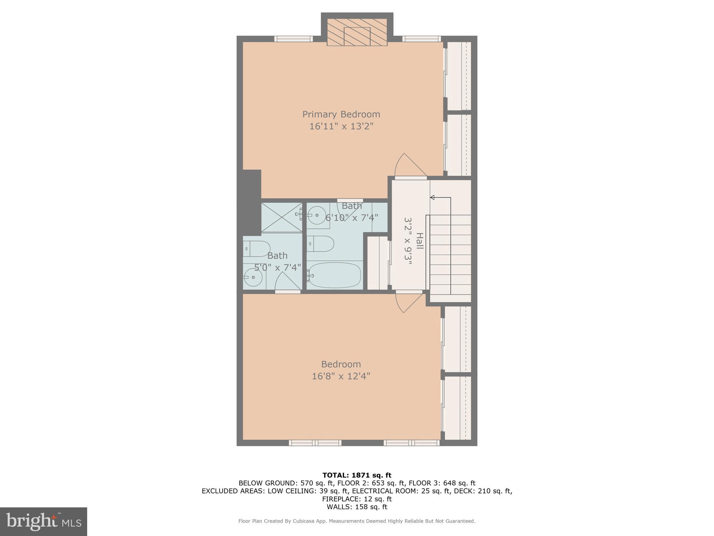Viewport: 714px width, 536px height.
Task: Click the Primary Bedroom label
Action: coord(341,114)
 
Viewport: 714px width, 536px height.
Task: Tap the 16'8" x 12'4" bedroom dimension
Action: coord(341,376)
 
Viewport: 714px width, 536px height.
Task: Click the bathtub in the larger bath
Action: coord(334,275)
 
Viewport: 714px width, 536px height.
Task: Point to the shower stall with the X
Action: coord(282,217)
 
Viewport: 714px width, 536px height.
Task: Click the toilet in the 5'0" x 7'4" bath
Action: coord(257,248)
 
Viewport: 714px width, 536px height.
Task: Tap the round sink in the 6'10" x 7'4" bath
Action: coord(318,215)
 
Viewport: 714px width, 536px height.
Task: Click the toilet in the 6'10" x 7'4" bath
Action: coord(321,244)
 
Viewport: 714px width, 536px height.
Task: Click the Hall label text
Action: coord(419,241)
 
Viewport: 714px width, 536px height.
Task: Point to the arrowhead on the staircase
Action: coord(432,198)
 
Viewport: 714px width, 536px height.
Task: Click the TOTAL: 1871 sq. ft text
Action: coord(357,475)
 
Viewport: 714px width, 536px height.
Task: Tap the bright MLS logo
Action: coord(44,522)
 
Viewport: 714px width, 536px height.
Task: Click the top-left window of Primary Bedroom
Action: coord(293,39)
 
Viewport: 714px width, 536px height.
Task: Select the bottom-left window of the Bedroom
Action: coord(315,443)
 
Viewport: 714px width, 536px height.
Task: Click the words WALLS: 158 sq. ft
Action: coord(357,507)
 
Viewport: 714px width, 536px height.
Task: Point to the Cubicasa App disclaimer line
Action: coord(357,521)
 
